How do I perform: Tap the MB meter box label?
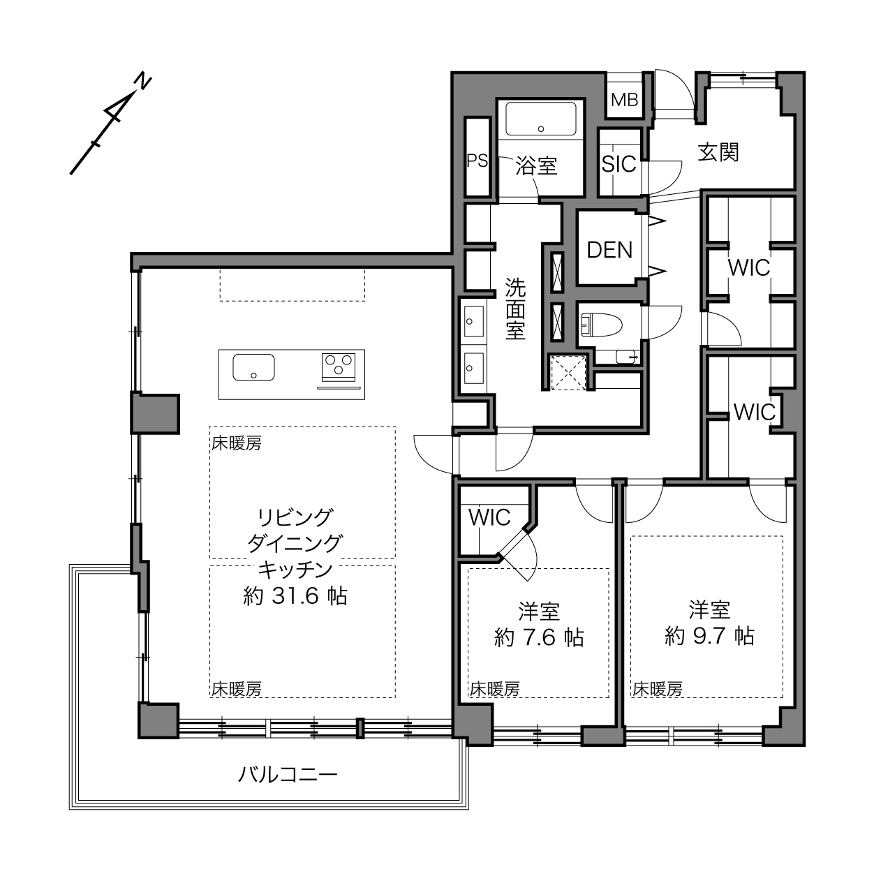tap(624, 100)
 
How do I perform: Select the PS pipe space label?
tap(477, 161)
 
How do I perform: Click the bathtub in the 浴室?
tap(540, 119)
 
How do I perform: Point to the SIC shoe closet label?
tap(619, 164)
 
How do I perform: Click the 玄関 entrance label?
tap(718, 152)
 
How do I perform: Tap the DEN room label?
tap(609, 250)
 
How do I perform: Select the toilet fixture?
tap(601, 325)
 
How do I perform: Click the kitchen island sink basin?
tap(253, 367)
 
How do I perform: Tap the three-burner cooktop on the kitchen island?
tap(339, 367)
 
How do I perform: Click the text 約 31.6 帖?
tap(295, 596)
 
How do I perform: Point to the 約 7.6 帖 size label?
tap(539, 637)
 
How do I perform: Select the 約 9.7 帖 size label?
tap(709, 636)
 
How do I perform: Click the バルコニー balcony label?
tap(288, 775)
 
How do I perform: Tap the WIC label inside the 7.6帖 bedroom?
tap(489, 517)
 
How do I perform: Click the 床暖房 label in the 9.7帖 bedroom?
tap(658, 689)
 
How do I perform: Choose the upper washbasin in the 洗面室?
tap(473, 322)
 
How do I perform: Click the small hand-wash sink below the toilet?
tap(627, 357)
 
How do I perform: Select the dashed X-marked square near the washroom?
tap(568, 373)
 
